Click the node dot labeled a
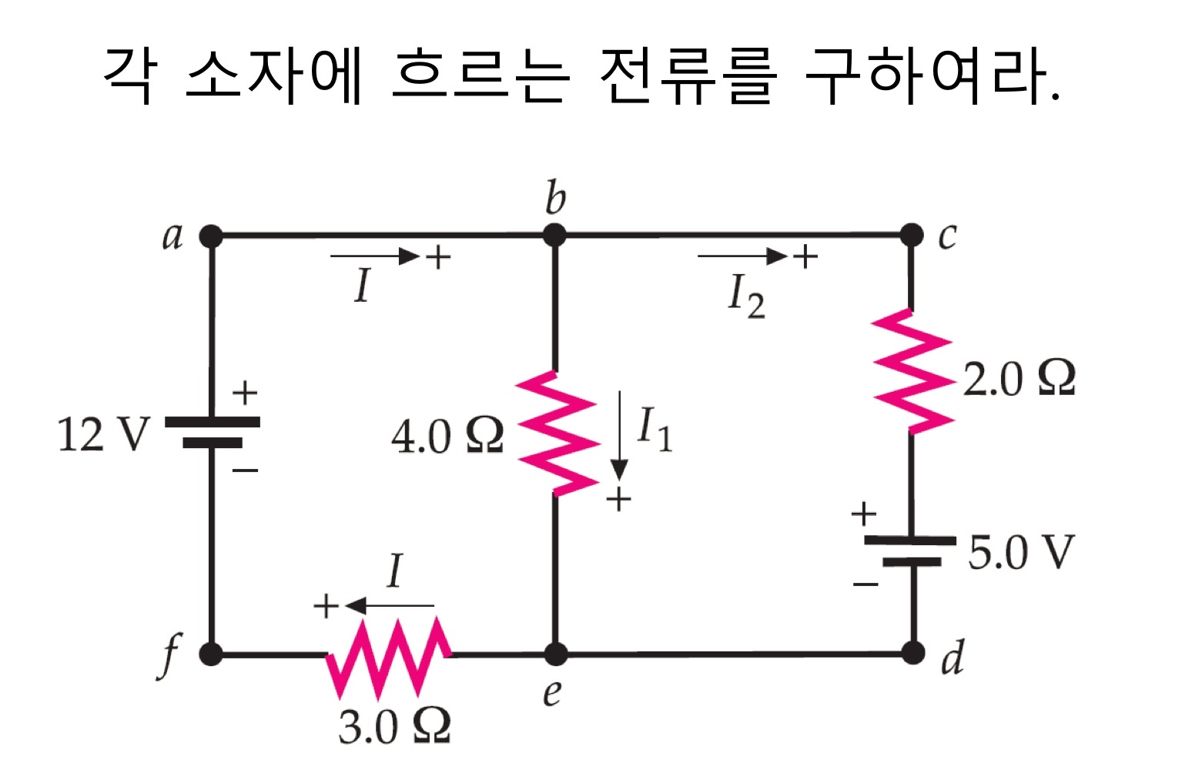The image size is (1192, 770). (211, 236)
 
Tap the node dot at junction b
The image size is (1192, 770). (554, 235)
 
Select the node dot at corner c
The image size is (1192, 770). (912, 235)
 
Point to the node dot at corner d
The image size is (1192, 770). (913, 653)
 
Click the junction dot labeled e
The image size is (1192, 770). (556, 654)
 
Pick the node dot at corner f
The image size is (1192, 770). (211, 654)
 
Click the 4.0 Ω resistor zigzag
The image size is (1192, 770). (557, 434)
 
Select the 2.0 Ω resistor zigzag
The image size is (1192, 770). (912, 371)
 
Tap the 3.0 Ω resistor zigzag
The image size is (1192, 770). (388, 657)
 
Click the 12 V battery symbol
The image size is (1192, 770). (213, 432)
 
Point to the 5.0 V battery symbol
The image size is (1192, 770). (910, 551)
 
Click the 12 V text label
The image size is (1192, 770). (104, 434)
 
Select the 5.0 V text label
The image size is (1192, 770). (1021, 552)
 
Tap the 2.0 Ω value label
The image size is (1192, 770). (1019, 379)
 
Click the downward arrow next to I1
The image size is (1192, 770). (619, 436)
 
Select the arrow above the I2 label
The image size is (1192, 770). (742, 256)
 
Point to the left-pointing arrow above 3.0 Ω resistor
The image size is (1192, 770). (390, 605)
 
